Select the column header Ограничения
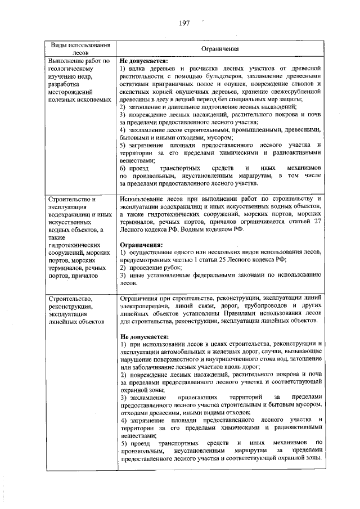pyautogui.click(x=220, y=49)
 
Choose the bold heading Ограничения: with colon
pyautogui.click(x=141, y=245)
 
